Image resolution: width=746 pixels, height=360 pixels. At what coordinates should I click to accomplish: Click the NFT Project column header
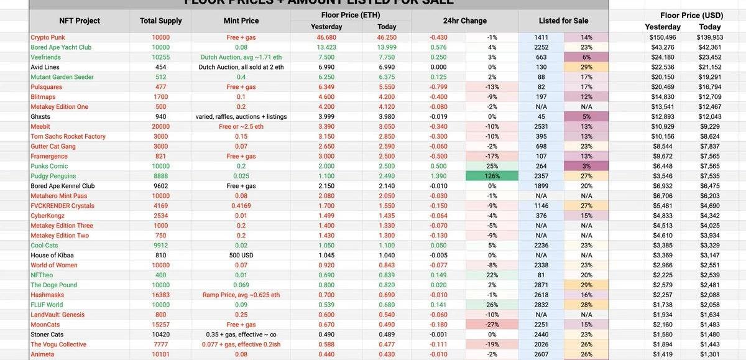click(79, 21)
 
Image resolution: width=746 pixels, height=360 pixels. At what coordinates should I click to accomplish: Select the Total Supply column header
click(161, 21)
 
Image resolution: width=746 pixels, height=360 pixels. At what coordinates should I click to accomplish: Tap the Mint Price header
click(241, 21)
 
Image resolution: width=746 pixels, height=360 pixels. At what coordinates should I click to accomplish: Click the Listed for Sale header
click(563, 21)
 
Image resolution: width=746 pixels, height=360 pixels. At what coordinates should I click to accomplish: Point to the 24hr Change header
click(465, 21)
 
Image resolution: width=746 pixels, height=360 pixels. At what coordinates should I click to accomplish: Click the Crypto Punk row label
click(48, 37)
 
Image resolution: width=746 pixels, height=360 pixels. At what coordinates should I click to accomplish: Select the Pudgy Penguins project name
click(53, 176)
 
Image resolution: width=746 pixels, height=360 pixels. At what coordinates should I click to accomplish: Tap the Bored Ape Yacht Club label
click(61, 47)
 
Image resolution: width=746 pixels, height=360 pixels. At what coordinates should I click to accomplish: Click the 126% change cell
click(492, 176)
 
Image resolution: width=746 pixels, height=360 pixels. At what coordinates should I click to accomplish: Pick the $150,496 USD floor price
click(663, 37)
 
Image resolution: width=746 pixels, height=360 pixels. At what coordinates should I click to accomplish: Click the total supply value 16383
click(160, 295)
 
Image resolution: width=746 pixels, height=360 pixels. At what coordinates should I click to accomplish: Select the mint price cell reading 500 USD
click(241, 255)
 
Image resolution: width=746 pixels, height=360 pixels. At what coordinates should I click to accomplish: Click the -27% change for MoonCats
click(492, 325)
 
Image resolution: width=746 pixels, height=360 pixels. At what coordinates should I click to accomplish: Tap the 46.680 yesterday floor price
click(326, 37)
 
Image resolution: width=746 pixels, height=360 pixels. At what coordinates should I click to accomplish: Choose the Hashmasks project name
click(48, 295)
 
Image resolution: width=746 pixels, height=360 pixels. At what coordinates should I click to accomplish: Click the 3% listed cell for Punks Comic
click(586, 166)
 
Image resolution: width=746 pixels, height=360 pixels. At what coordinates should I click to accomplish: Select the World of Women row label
click(54, 265)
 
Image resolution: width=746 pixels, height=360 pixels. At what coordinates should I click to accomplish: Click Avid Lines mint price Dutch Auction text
click(241, 67)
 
